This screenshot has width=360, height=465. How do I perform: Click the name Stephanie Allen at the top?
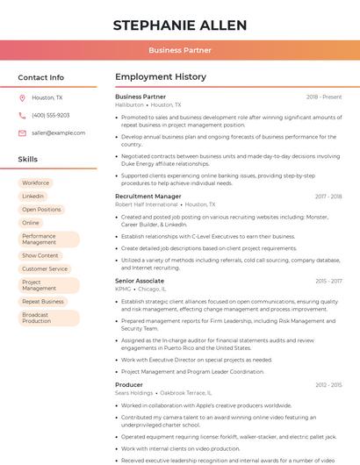pyautogui.click(x=180, y=25)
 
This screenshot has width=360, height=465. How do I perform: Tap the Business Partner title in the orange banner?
pyautogui.click(x=180, y=51)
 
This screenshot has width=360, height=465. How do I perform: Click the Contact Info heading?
pyautogui.click(x=41, y=77)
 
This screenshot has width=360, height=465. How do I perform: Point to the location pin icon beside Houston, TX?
pyautogui.click(x=22, y=98)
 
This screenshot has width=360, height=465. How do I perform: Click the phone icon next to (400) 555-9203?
pyautogui.click(x=22, y=116)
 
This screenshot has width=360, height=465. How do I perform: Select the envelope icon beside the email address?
pyautogui.click(x=22, y=132)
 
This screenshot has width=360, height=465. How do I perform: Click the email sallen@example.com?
pyautogui.click(x=58, y=132)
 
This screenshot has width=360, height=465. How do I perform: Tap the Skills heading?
pyautogui.click(x=28, y=160)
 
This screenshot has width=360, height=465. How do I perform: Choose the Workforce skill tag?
pyautogui.click(x=35, y=183)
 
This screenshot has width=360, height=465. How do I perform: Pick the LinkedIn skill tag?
pyautogui.click(x=33, y=197)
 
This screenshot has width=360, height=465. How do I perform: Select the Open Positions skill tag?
pyautogui.click(x=41, y=210)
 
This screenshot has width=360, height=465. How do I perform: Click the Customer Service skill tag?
pyautogui.click(x=45, y=268)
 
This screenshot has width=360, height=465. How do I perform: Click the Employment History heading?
pyautogui.click(x=161, y=77)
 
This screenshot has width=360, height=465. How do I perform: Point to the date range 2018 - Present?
pyautogui.click(x=324, y=97)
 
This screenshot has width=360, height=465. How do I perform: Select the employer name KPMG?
pyautogui.click(x=123, y=289)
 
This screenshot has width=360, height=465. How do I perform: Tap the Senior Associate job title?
pyautogui.click(x=140, y=281)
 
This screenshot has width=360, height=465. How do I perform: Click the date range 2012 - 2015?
pyautogui.click(x=328, y=384)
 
